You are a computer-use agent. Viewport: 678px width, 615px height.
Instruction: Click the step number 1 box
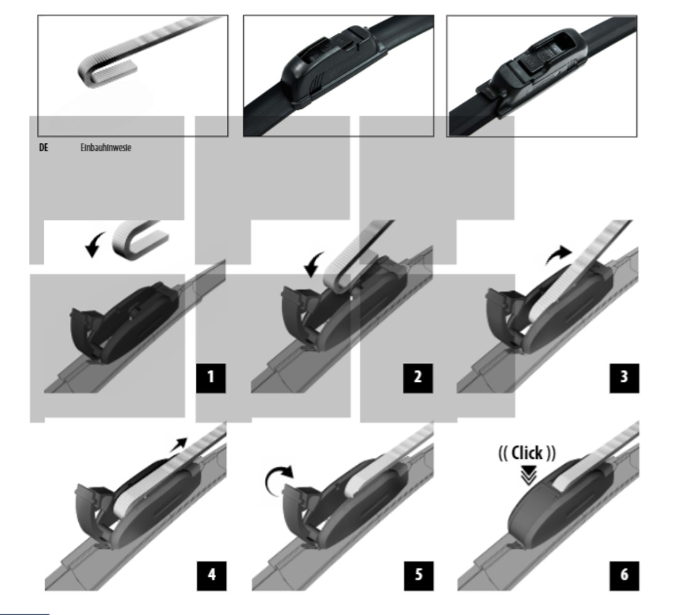pyautogui.click(x=211, y=378)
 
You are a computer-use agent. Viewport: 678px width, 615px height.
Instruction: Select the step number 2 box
pyautogui.click(x=418, y=378)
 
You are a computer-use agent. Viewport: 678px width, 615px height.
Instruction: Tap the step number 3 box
pyautogui.click(x=624, y=378)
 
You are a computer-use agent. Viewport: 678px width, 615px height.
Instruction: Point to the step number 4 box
pyautogui.click(x=211, y=576)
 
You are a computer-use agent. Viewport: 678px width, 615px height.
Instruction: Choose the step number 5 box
pyautogui.click(x=419, y=576)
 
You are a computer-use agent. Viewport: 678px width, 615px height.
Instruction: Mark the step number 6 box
pyautogui.click(x=624, y=576)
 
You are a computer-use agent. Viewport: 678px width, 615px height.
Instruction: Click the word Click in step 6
pyautogui.click(x=527, y=453)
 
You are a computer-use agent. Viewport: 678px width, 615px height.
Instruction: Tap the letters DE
pyautogui.click(x=44, y=148)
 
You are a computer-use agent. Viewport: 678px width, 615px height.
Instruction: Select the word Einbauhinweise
pyautogui.click(x=106, y=148)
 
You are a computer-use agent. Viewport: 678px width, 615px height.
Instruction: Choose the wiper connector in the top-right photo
pyautogui.click(x=533, y=69)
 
